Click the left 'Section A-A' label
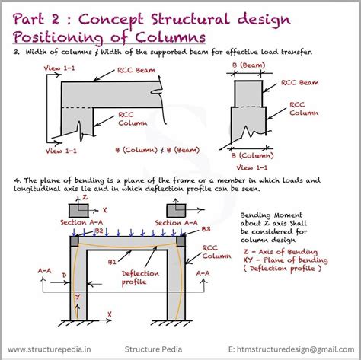pos(78,222)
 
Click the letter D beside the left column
pos(65,274)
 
